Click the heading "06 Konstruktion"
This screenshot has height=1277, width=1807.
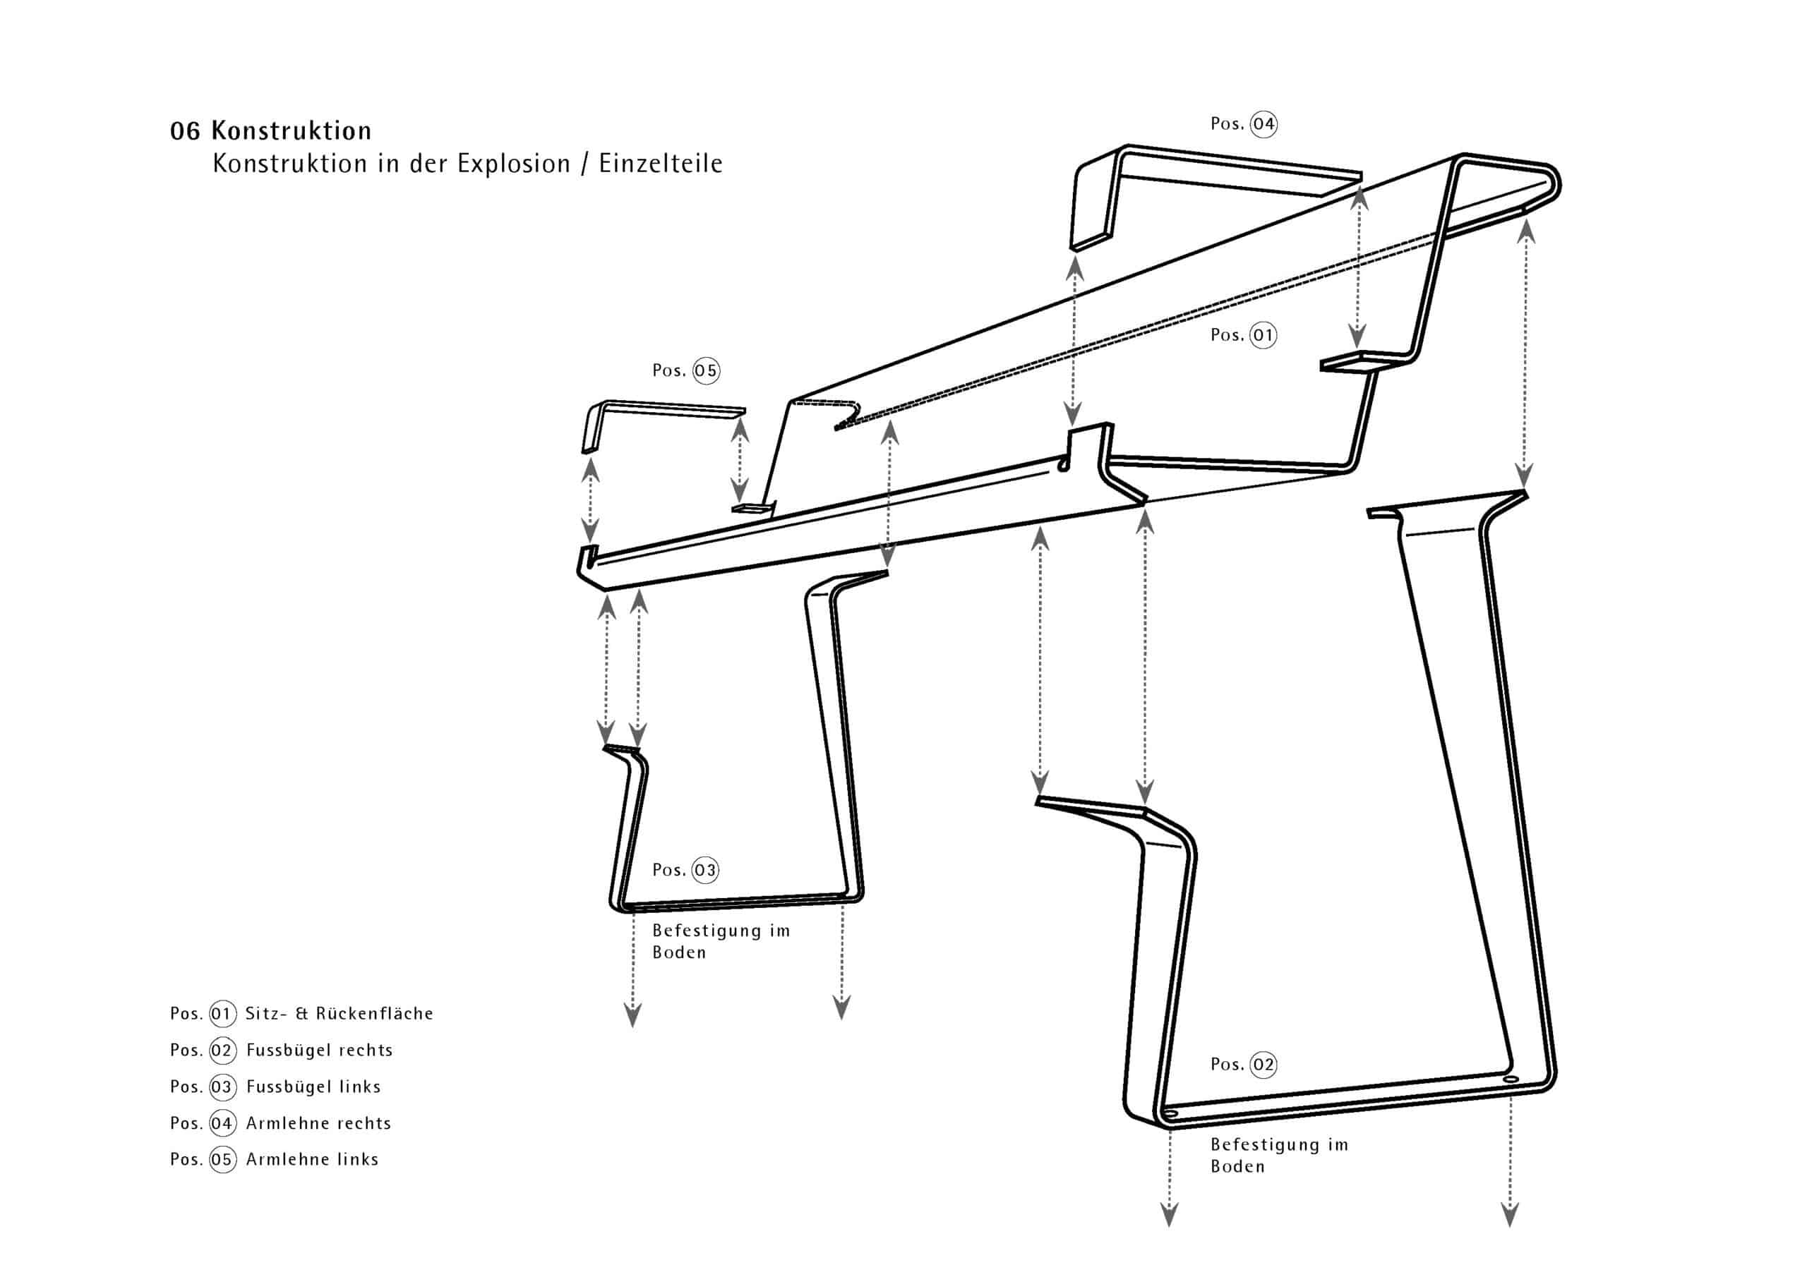point(271,130)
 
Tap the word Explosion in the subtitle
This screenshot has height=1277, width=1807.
point(513,164)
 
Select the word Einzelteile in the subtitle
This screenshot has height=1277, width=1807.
point(660,164)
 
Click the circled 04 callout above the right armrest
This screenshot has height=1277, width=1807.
point(1263,124)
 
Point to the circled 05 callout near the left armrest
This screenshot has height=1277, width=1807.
point(705,370)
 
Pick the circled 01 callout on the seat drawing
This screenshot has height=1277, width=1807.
point(1263,335)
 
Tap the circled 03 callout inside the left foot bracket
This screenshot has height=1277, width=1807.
point(705,869)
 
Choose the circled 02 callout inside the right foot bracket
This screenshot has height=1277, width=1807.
point(1263,1065)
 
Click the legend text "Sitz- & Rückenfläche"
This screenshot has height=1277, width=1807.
point(340,1013)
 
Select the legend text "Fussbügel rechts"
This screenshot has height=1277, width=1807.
point(319,1050)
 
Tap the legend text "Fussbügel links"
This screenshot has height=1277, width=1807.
point(313,1087)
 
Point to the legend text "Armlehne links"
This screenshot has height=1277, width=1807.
point(313,1159)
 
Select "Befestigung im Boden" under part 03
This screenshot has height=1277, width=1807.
point(720,941)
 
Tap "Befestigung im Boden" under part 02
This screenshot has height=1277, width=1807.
point(1279,1155)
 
